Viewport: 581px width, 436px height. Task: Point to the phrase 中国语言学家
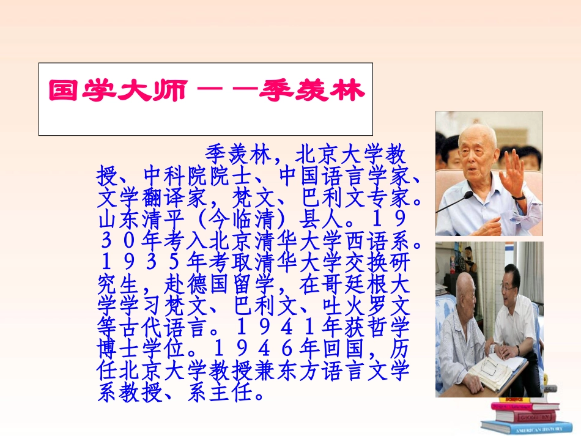(x=342, y=177)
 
